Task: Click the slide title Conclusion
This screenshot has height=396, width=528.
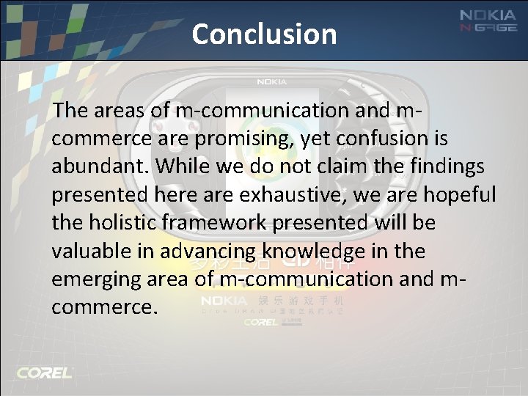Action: pyautogui.click(x=264, y=34)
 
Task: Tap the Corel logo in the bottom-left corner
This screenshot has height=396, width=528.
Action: pyautogui.click(x=45, y=373)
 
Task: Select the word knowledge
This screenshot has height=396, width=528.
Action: pyautogui.click(x=308, y=252)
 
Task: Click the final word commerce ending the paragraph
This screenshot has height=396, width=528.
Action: pyautogui.click(x=103, y=307)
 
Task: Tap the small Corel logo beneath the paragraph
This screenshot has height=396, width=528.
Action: pyautogui.click(x=260, y=322)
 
